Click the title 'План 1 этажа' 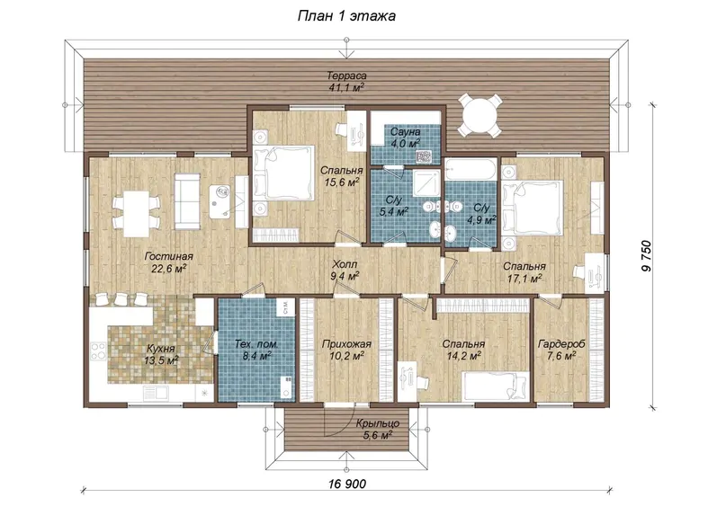coord(346,16)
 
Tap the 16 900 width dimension coord(346,484)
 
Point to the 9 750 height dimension coord(646,256)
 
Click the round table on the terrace coord(480,115)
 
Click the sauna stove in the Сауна coord(424,156)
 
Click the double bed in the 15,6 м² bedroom coord(283,173)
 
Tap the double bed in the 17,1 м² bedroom coord(533,206)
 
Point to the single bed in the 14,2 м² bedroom coord(496,386)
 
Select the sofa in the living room coord(187,201)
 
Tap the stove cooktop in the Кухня coord(98,351)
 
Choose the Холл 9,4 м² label coord(345,271)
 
